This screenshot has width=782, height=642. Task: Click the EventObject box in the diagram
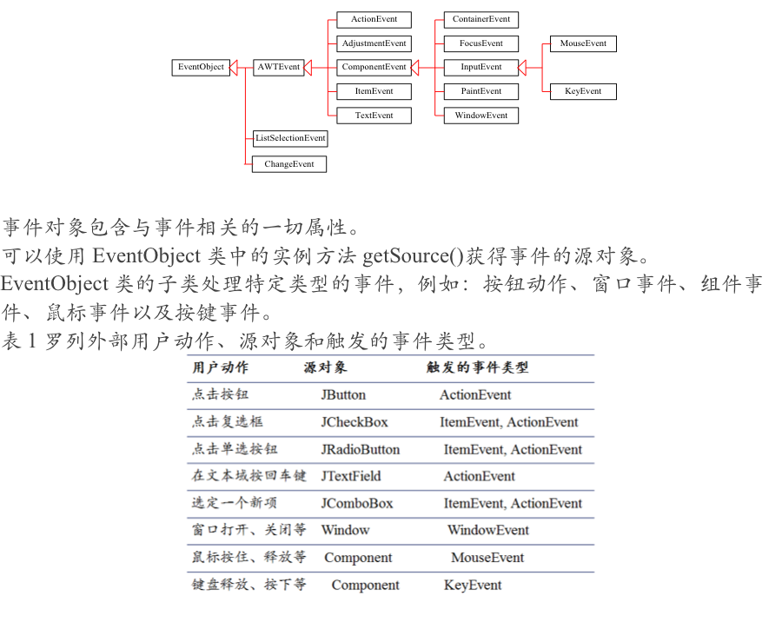(201, 67)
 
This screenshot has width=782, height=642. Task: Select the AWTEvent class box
(278, 67)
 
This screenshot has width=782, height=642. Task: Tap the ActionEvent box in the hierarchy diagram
(374, 19)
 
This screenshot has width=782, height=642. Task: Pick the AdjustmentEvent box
(374, 43)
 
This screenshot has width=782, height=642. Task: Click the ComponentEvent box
(374, 67)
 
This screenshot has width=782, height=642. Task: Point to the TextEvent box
(374, 116)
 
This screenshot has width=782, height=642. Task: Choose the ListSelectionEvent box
(290, 138)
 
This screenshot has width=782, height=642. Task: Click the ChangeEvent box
(289, 164)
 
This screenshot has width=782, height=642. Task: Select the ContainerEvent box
(481, 19)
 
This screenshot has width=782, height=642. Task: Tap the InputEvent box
(481, 67)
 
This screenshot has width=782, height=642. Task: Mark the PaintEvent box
(481, 91)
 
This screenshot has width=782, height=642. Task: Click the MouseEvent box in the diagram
(583, 43)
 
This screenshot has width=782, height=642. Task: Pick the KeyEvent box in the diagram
(583, 91)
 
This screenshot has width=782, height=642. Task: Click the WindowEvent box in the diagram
(481, 116)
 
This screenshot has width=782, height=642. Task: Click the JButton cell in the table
(343, 395)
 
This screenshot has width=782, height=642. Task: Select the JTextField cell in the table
(351, 476)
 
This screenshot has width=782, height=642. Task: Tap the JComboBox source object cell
(357, 503)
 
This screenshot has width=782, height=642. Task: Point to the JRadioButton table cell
(361, 449)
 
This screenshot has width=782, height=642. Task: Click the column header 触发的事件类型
(477, 367)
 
